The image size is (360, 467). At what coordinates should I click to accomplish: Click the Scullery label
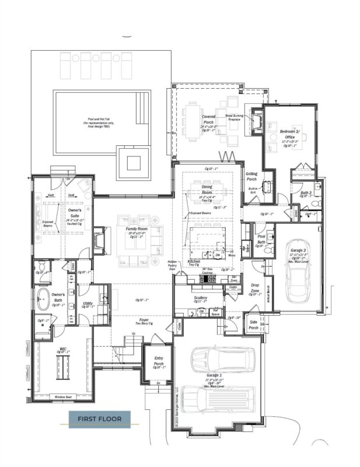pos(201,298)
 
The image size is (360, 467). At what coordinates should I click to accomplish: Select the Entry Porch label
pos(158,361)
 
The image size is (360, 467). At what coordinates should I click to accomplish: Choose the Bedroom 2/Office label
pos(290,134)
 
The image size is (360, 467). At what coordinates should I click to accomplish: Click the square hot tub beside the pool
pos(134,161)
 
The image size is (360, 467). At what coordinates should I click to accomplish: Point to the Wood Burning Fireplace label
pos(236,119)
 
